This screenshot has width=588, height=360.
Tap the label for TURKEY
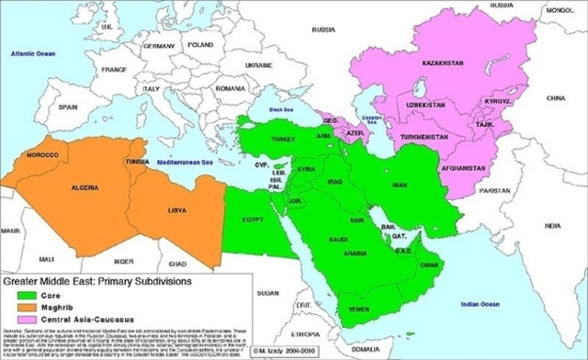point(282,139)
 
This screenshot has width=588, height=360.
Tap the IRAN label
point(400,186)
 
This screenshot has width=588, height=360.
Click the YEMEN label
point(360,309)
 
